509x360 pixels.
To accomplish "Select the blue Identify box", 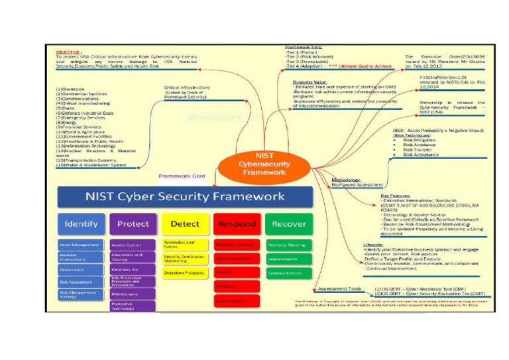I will pyautogui.click(x=82, y=224).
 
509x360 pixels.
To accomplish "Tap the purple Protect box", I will pyautogui.click(x=133, y=224).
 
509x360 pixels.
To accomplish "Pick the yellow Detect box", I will pyautogui.click(x=185, y=224).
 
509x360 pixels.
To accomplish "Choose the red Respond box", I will pyautogui.click(x=236, y=224).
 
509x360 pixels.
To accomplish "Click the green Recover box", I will pyautogui.click(x=289, y=224).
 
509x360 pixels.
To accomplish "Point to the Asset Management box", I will pyautogui.click(x=82, y=245).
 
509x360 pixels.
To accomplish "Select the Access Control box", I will pyautogui.click(x=133, y=245).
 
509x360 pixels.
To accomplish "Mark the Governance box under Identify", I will pyautogui.click(x=82, y=270).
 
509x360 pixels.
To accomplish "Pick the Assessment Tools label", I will pyautogui.click(x=339, y=289).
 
